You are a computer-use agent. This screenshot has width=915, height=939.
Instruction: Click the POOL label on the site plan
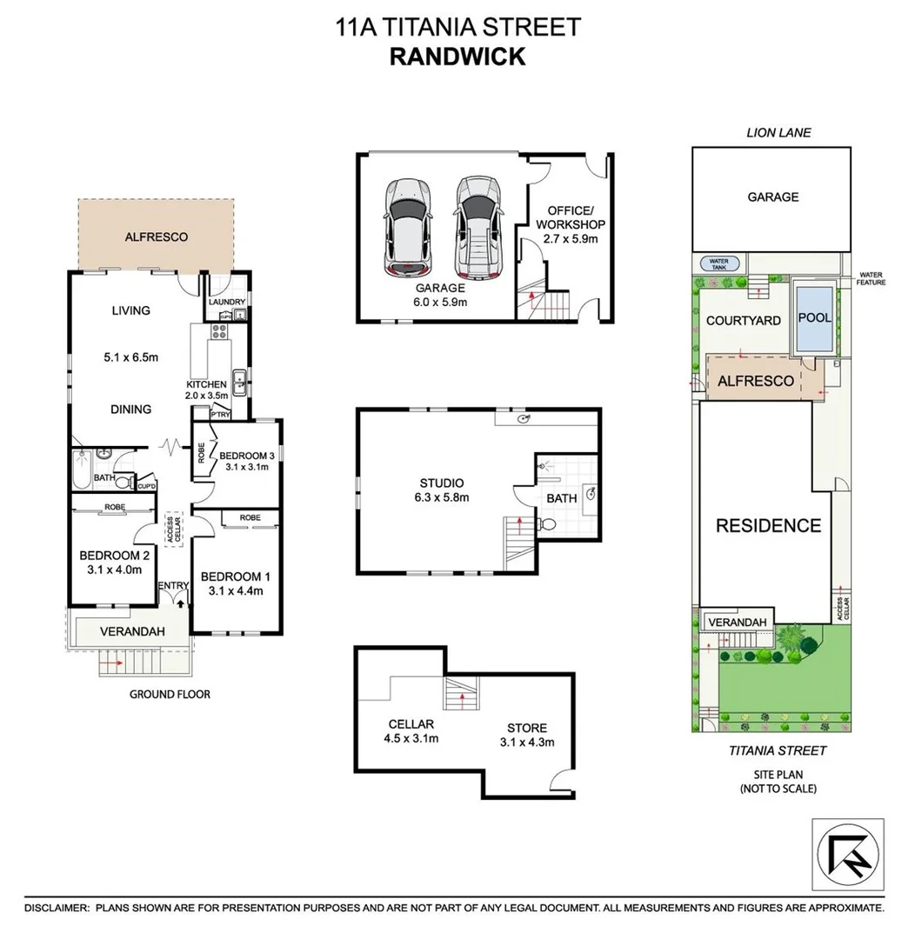814,318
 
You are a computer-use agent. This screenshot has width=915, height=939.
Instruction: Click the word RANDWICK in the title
457,57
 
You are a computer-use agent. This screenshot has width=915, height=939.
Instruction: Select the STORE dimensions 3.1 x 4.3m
526,742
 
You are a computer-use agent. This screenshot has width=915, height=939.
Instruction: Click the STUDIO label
441,483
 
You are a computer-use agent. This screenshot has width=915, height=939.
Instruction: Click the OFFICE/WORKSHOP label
570,216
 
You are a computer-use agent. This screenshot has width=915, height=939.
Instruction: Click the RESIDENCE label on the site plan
768,525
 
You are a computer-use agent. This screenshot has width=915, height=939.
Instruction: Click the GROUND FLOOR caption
170,694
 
